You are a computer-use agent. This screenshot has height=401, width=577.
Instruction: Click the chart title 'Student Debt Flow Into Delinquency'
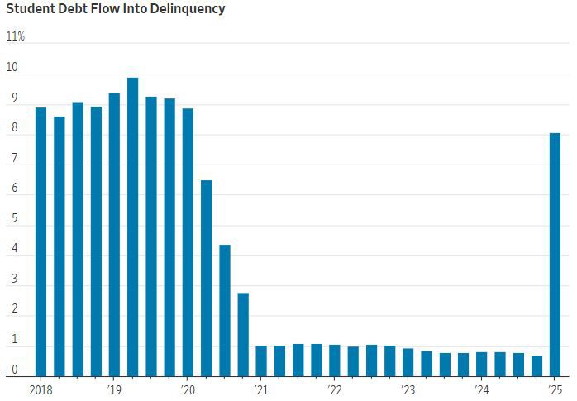click(116, 10)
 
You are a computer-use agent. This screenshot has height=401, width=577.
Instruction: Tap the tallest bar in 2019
click(132, 227)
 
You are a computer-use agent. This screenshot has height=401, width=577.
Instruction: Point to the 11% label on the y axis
click(15, 37)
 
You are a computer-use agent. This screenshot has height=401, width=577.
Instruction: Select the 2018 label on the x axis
click(40, 389)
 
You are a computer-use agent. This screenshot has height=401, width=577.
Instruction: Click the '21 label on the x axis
click(261, 389)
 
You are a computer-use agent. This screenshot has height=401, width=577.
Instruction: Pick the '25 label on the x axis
click(555, 389)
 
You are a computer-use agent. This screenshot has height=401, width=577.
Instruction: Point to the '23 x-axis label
click(408, 389)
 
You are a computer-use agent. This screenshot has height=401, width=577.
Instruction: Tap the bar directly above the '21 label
click(261, 361)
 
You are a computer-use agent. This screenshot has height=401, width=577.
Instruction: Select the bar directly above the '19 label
click(114, 235)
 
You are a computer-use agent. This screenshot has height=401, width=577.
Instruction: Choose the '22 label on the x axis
click(335, 389)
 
